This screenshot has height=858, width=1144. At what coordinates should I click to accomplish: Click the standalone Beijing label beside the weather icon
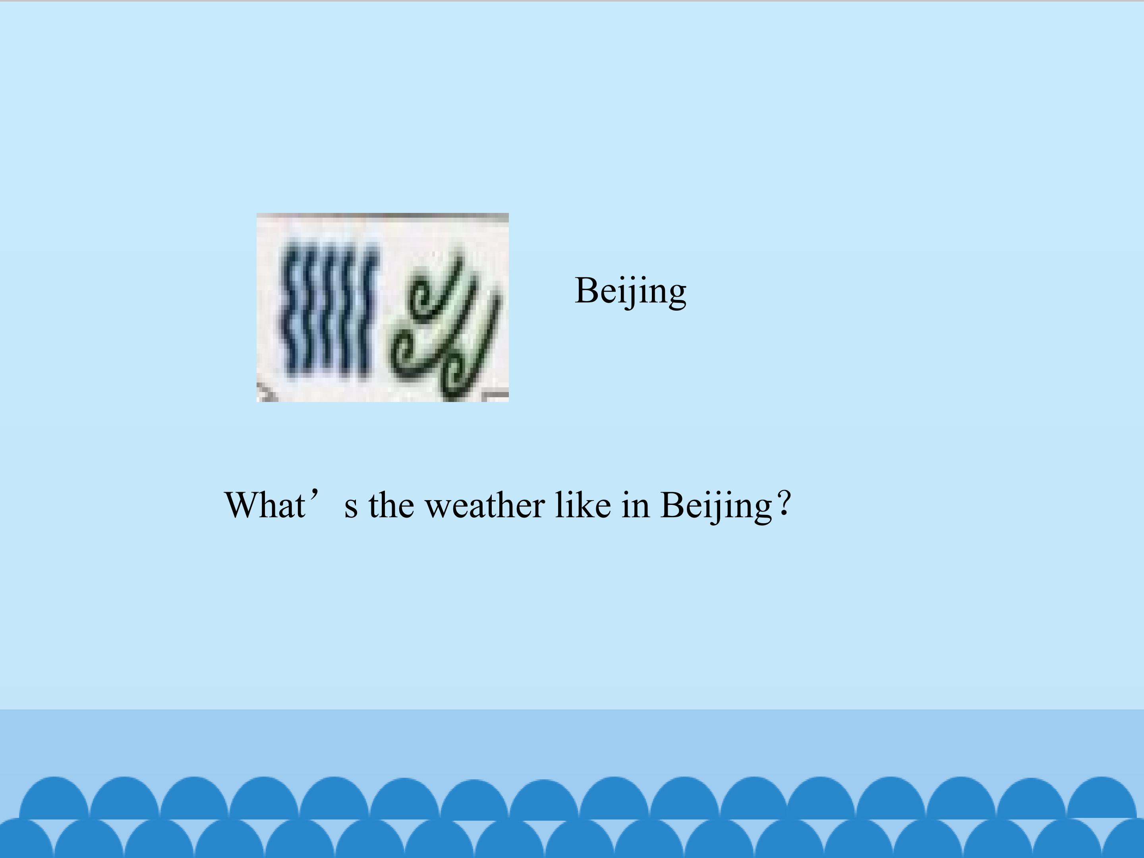point(630,291)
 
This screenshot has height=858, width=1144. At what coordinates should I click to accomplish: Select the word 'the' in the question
point(391,505)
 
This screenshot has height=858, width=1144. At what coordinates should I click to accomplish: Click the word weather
point(485,505)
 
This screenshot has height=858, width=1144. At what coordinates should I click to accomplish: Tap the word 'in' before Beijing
point(636,505)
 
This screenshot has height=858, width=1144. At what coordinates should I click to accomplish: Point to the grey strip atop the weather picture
point(383,216)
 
